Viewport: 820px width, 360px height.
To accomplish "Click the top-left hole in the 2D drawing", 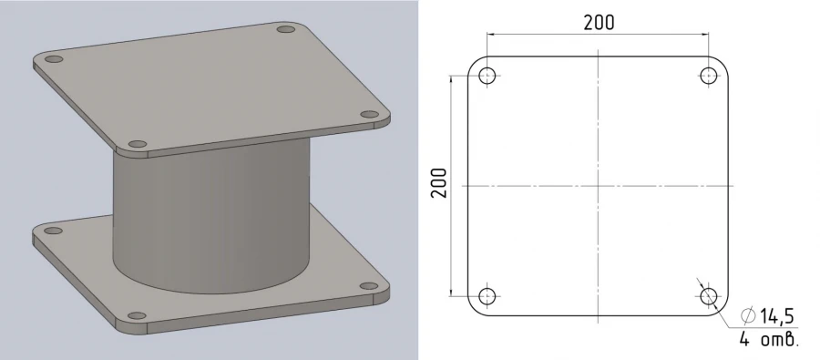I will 487,76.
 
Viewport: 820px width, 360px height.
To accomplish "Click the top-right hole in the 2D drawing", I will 710,76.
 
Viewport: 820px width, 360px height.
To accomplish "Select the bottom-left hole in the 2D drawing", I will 487,296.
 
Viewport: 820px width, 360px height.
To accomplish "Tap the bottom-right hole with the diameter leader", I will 710,296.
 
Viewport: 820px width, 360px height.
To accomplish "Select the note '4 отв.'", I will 769,341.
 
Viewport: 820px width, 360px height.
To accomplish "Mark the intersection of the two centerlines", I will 599,186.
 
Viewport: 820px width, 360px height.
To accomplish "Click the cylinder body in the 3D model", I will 210,219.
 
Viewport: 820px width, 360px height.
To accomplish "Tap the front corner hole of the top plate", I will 138,144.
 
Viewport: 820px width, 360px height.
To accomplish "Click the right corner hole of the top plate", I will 369,115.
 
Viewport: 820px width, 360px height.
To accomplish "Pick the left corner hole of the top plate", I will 54,59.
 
